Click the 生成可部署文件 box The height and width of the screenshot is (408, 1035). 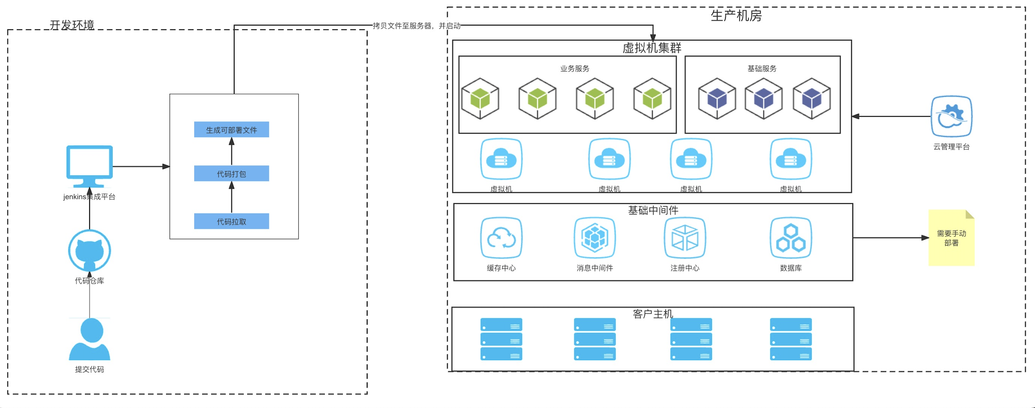(x=231, y=130)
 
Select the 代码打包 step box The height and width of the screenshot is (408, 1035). (x=231, y=174)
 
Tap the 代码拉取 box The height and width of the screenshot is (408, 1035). (x=231, y=221)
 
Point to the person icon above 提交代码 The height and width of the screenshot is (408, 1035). (x=90, y=339)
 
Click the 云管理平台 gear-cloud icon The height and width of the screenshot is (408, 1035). (x=951, y=117)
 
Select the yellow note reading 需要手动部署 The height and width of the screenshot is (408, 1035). (x=951, y=238)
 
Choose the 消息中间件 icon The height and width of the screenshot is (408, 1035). (x=595, y=238)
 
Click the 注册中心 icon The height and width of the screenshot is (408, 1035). (x=685, y=238)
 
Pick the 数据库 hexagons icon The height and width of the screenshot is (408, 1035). (x=790, y=238)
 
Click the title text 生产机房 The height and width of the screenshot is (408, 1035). (x=736, y=16)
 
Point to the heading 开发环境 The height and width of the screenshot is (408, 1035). (x=72, y=25)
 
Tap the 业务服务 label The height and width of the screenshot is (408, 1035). (x=575, y=69)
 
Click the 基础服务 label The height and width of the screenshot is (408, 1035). (x=762, y=69)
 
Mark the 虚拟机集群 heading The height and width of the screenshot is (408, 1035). (x=652, y=48)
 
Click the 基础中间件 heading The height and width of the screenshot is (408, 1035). (x=653, y=210)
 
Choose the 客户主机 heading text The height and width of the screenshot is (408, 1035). (x=652, y=314)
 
